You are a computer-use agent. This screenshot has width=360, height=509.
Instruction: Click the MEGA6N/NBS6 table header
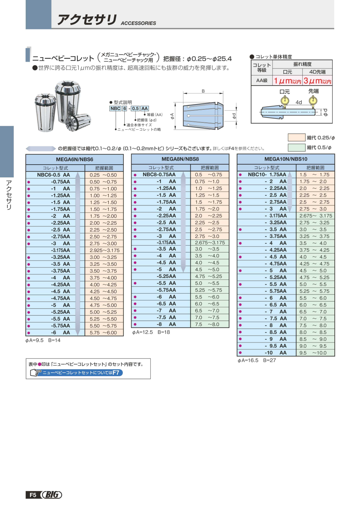point(74,159)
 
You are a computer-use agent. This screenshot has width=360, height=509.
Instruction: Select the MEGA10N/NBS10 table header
point(286,159)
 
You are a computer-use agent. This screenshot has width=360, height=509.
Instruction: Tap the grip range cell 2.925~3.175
point(104,250)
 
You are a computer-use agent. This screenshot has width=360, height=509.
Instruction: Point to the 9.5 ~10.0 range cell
point(315,353)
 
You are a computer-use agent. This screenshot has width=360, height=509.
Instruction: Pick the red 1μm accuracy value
point(287,81)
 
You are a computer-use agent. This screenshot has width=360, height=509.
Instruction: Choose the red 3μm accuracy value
point(317,81)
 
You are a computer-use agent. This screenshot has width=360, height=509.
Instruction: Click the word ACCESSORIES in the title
point(138,23)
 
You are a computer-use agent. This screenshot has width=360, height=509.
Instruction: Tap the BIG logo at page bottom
point(52,495)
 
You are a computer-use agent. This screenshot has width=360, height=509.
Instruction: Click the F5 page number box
point(33,495)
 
